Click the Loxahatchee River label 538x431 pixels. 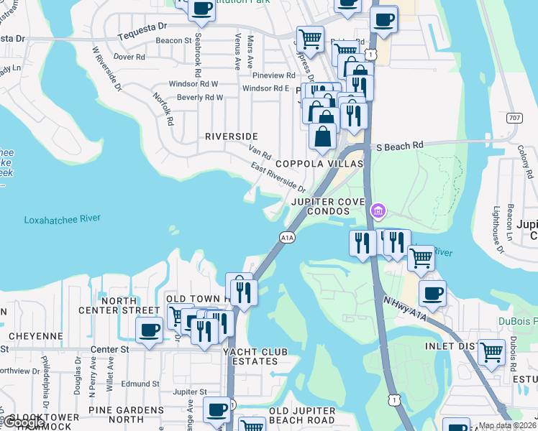pyautogui.click(x=62, y=219)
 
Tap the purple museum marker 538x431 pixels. pyautogui.click(x=378, y=211)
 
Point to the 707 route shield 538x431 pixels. pyautogui.click(x=514, y=118)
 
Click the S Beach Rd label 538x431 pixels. pyautogui.click(x=400, y=146)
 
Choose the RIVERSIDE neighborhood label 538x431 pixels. pyautogui.click(x=231, y=136)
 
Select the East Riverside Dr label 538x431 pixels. pyautogui.click(x=278, y=177)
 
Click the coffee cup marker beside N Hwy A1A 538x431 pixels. pyautogui.click(x=432, y=293)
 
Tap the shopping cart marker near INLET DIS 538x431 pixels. pyautogui.click(x=491, y=353)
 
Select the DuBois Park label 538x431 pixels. pyautogui.click(x=518, y=322)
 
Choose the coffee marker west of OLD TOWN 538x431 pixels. pyautogui.click(x=149, y=330)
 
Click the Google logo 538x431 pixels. pyautogui.click(x=23, y=422)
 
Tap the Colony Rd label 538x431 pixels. pyautogui.click(x=527, y=162)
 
